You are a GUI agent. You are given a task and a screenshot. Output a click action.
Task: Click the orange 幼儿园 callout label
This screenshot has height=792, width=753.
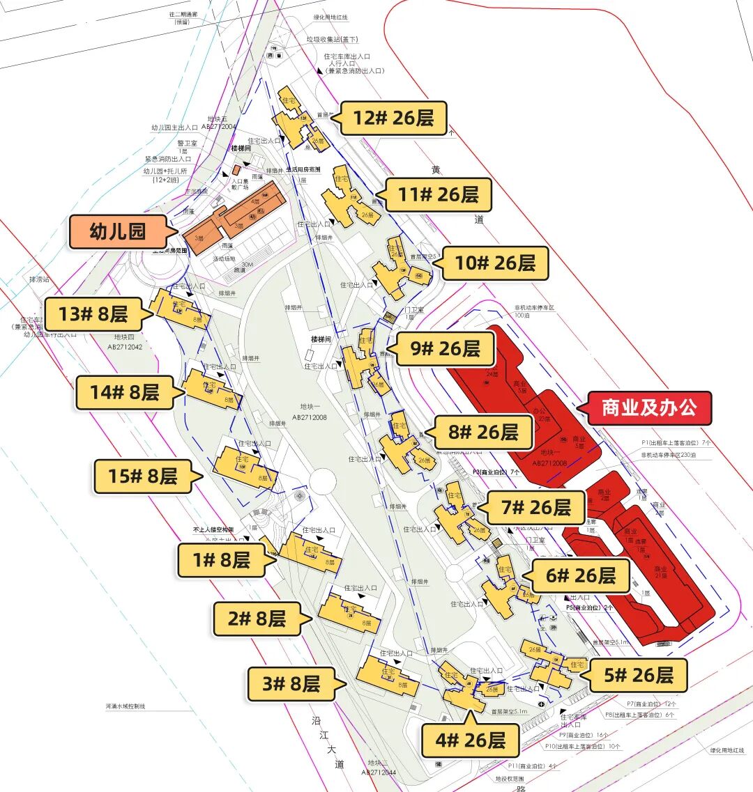[x=117, y=232]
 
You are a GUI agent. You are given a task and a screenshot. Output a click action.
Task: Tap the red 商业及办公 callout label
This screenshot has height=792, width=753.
[x=649, y=408]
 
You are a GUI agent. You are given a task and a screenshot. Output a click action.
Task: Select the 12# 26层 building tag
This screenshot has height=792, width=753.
[x=393, y=118]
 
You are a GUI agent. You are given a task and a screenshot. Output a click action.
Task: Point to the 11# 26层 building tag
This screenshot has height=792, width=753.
[x=439, y=194]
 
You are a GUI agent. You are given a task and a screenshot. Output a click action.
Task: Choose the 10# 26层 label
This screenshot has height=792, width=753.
[x=495, y=263]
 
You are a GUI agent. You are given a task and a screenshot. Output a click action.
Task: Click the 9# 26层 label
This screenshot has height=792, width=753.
[x=445, y=348]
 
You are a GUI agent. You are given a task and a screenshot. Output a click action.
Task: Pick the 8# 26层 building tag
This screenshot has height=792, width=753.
[x=483, y=433]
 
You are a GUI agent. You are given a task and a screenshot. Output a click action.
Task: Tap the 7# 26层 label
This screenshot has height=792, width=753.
[x=535, y=507]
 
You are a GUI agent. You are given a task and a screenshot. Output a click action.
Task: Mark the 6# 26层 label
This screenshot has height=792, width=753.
[x=581, y=575]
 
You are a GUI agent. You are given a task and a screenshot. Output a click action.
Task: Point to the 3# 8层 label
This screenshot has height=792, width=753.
[x=291, y=684]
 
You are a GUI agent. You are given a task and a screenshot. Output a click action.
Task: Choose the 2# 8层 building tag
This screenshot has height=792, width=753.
[x=257, y=619]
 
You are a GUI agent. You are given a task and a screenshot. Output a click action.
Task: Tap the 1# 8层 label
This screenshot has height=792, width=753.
[x=221, y=559]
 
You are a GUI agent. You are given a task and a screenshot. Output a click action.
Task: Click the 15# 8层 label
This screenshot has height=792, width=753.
[x=142, y=476]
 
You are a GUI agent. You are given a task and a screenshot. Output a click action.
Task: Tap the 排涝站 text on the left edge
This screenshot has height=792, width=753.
[x=39, y=279]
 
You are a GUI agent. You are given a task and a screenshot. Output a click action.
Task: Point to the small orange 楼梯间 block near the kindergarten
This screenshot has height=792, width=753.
[x=236, y=169]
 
